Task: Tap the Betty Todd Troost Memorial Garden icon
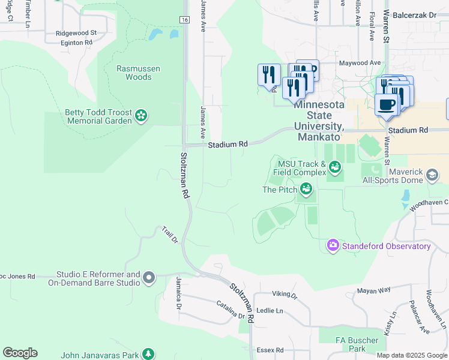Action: (141, 115)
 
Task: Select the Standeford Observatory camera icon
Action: (333, 245)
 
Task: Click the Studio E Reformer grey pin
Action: (149, 278)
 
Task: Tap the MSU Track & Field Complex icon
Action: (335, 165)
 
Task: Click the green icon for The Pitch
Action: (306, 190)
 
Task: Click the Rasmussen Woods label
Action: (139, 73)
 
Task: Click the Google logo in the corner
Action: (20, 353)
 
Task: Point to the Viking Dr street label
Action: (285, 295)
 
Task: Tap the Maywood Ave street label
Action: (360, 62)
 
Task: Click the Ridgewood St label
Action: (76, 33)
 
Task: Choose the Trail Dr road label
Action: (170, 235)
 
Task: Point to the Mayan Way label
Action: (374, 290)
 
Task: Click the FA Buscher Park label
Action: (357, 344)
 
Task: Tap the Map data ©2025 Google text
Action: (412, 355)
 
